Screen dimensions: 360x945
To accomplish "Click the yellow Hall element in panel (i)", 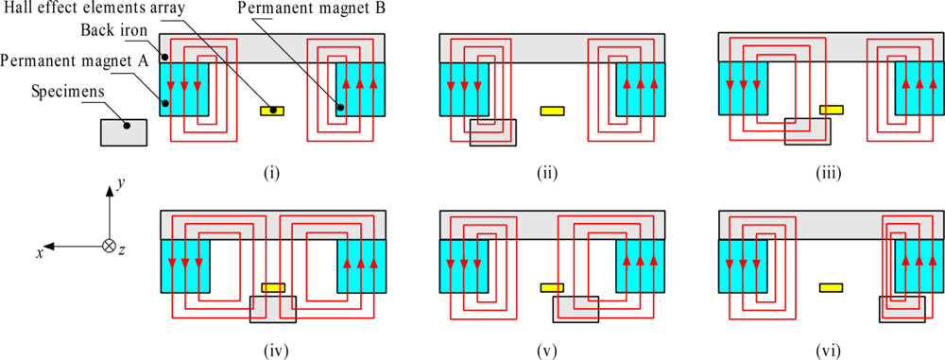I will coord(272,111).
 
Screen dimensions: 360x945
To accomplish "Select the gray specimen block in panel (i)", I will coord(124,132).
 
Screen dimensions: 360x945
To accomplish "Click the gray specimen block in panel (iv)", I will coord(272,310).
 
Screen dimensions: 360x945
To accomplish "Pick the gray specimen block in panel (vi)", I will coord(902,309).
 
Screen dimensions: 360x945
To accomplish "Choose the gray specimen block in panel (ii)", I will coord(493,132).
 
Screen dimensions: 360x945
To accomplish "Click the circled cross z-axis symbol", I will coord(110,246).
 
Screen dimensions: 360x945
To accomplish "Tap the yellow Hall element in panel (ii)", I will coord(552,111).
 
